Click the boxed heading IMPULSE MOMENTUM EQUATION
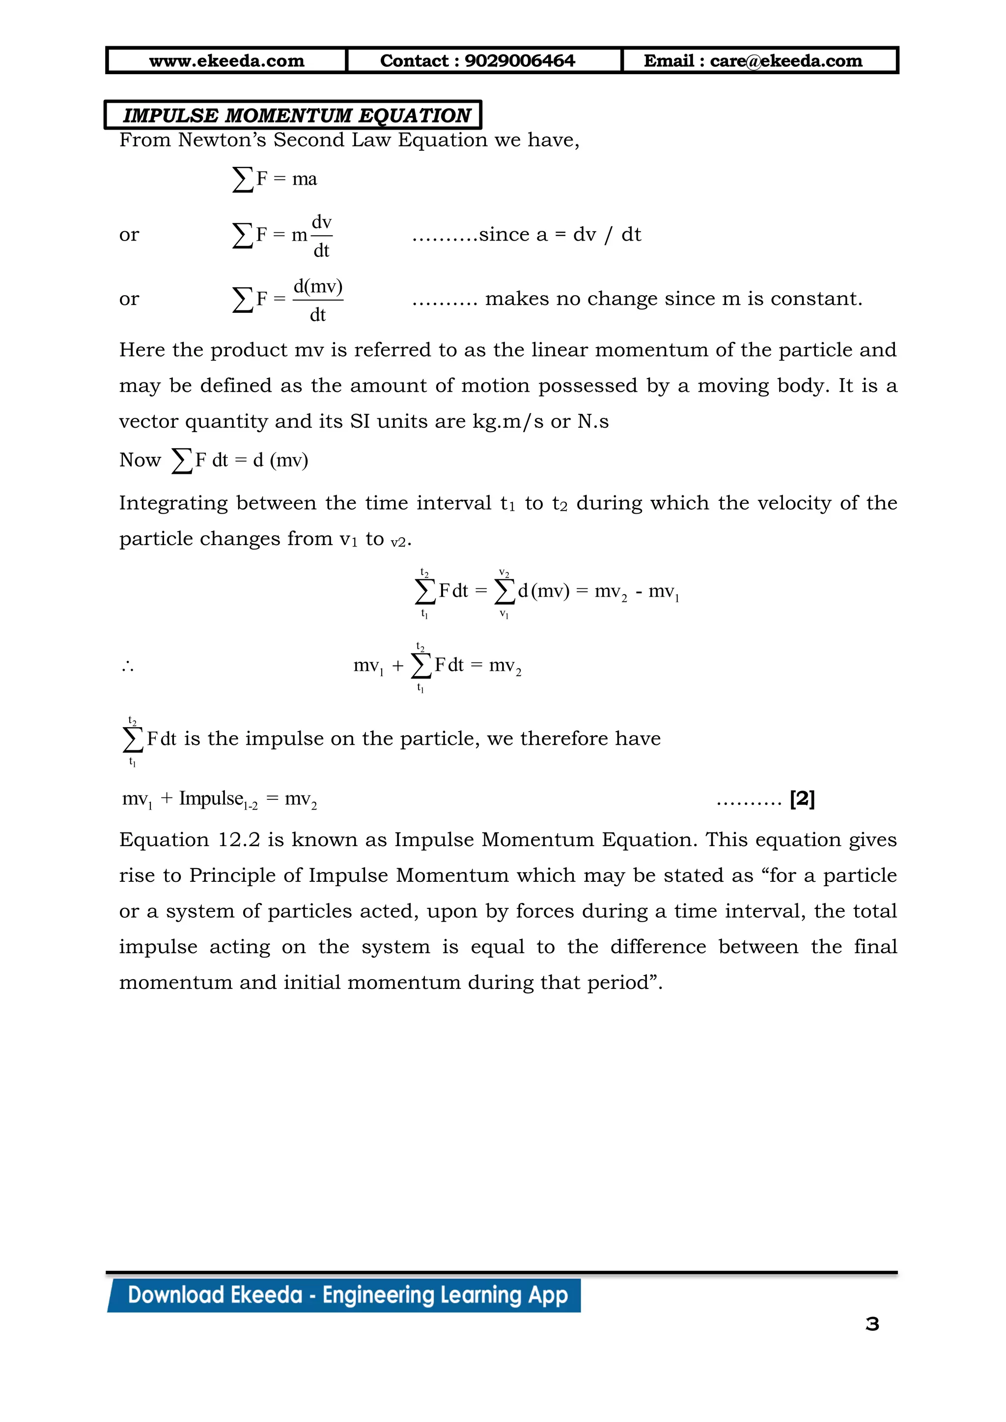click(x=296, y=115)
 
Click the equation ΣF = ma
click(x=275, y=179)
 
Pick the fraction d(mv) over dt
click(x=318, y=300)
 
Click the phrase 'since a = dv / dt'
click(x=559, y=235)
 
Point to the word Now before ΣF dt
click(x=140, y=460)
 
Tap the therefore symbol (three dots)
click(x=128, y=667)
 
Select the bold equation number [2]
click(x=802, y=799)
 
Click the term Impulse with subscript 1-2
click(x=217, y=799)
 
